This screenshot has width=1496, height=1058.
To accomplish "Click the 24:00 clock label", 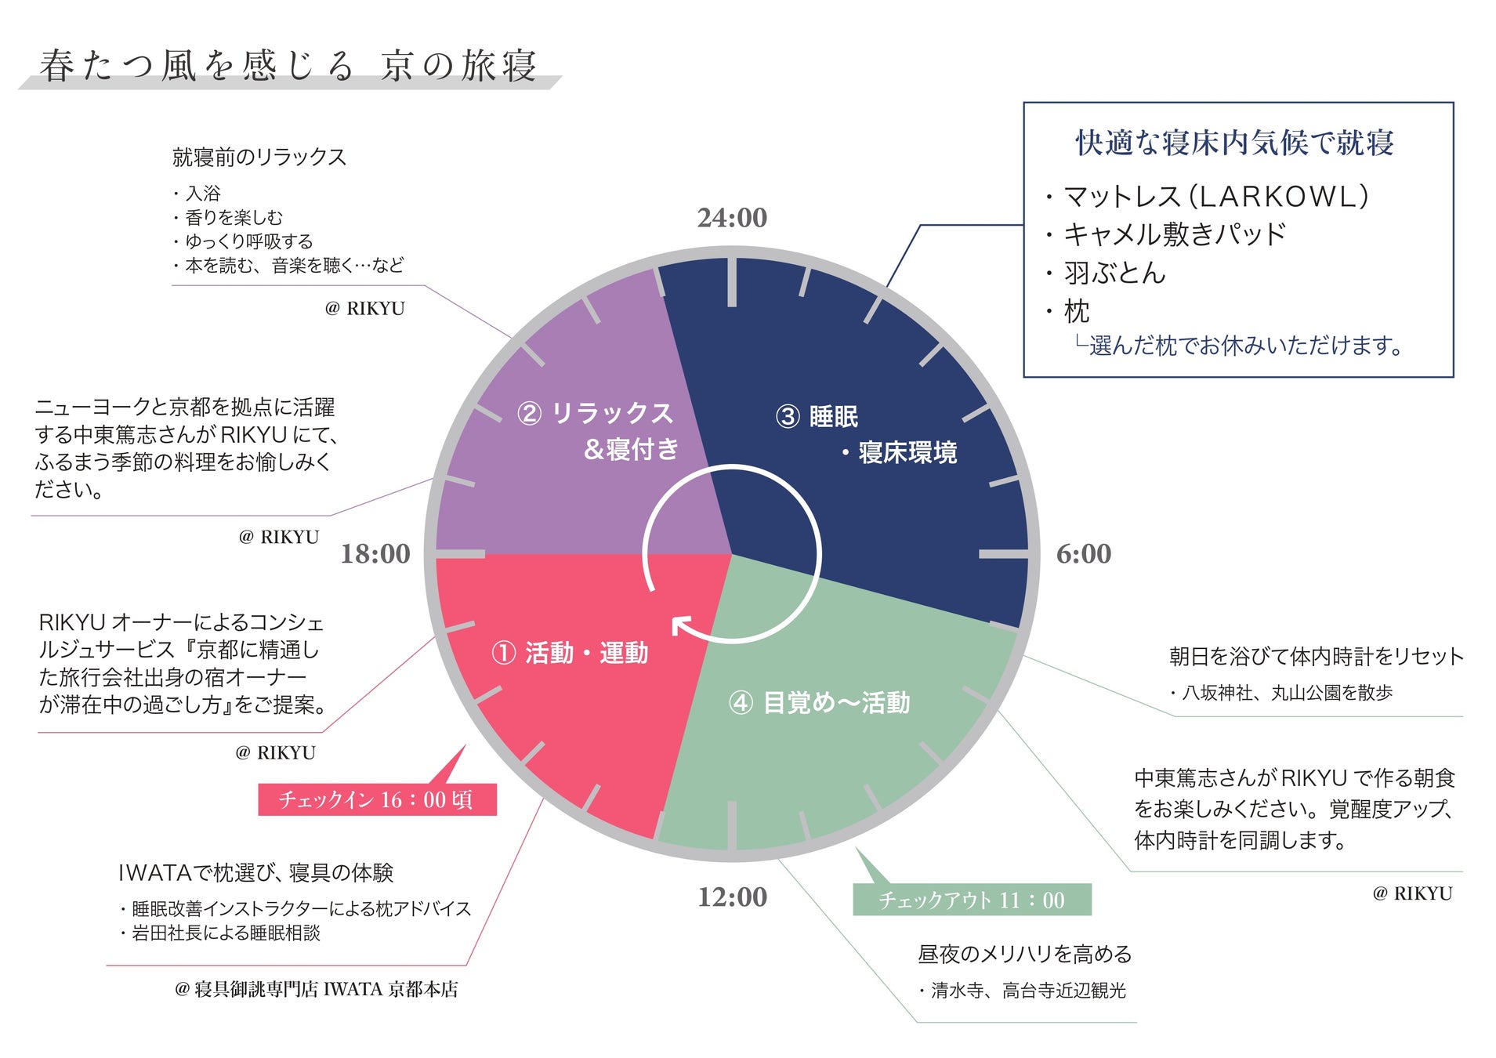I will (732, 218).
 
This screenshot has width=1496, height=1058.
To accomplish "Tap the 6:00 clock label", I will (1083, 554).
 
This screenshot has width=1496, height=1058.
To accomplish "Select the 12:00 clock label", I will (732, 897).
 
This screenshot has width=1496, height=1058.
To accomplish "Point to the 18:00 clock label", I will (375, 554).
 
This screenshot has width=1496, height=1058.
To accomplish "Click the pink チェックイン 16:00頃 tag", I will (377, 799).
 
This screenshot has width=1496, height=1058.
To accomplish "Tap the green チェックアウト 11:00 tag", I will (972, 900).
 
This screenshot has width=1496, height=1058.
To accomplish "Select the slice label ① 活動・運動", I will (570, 653).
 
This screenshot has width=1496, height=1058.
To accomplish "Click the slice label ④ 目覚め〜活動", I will (820, 703).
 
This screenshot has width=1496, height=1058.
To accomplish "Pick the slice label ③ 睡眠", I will (817, 417).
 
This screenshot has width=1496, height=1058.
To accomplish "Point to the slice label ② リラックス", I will (596, 414).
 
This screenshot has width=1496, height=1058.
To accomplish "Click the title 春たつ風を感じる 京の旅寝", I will (288, 66).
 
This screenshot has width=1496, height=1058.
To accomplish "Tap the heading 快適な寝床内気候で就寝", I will (1234, 143).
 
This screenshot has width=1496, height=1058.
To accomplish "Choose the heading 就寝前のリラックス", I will (259, 158).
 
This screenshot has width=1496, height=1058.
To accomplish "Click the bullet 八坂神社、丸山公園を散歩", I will (1286, 693).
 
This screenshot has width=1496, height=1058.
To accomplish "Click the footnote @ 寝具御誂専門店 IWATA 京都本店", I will (316, 989).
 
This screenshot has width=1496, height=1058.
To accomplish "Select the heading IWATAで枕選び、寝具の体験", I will (255, 872).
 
